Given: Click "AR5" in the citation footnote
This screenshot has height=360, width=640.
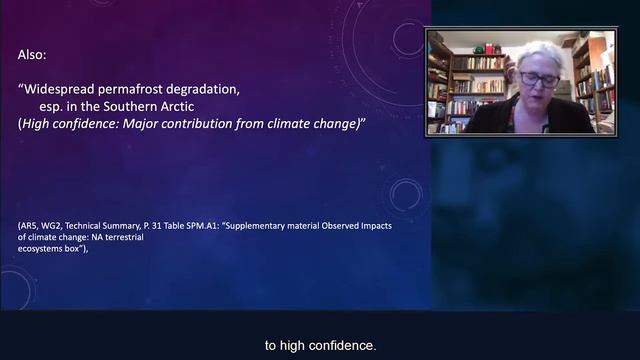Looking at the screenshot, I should pos(30,226).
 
